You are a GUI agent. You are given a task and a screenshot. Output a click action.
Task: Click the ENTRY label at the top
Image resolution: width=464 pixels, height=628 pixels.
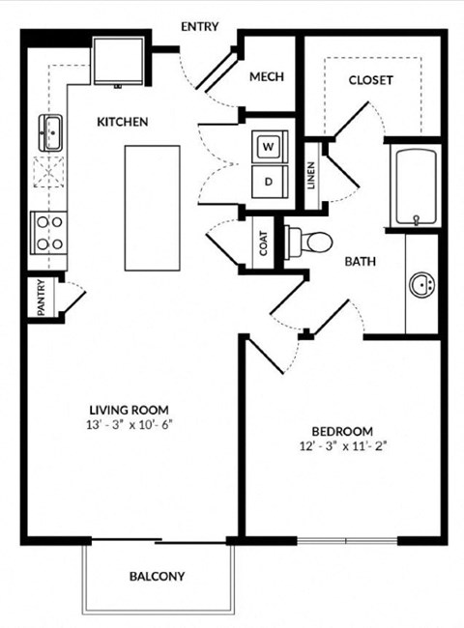200,26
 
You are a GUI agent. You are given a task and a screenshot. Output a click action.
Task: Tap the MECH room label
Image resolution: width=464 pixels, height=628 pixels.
266,77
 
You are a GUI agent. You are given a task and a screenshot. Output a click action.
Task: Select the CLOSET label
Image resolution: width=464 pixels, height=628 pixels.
370,80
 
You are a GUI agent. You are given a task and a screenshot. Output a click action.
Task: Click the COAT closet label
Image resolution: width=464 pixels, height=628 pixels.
263,246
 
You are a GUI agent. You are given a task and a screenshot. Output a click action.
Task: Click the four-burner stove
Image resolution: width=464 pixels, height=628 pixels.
48,233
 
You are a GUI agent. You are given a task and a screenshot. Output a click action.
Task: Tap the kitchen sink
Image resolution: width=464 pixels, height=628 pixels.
49,131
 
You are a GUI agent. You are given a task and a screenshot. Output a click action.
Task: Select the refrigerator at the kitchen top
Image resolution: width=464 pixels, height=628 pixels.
118,61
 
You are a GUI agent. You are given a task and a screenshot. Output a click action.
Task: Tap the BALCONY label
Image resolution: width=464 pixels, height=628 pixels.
157,577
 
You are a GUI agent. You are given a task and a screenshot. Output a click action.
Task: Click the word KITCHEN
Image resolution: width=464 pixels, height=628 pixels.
122,123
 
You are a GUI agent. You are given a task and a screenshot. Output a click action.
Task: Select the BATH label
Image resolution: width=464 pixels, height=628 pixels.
361,261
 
